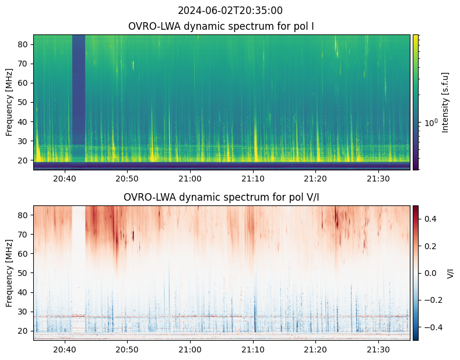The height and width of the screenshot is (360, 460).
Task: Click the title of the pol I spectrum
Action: pyautogui.click(x=222, y=26)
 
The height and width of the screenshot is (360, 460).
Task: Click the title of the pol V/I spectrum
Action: pyautogui.click(x=222, y=197)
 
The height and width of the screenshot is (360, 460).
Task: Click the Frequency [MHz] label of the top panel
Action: pyautogui.click(x=9, y=102)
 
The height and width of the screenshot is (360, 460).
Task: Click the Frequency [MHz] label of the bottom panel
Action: pyautogui.click(x=9, y=273)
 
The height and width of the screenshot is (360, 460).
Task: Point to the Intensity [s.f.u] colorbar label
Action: pyautogui.click(x=446, y=102)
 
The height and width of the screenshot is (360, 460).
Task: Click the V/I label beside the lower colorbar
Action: pyautogui.click(x=451, y=273)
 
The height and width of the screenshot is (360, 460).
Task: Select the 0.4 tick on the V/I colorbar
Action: pyautogui.click(x=430, y=218)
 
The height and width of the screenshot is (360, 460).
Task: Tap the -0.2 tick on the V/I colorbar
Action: pyautogui.click(x=432, y=300)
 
